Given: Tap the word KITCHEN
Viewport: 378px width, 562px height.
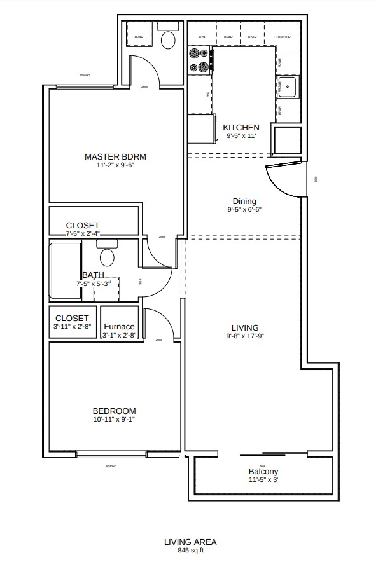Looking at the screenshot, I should coord(241,127).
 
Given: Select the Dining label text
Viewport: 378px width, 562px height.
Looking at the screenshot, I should coord(244,201).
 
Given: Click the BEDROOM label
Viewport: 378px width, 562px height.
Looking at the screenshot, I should coord(115,411).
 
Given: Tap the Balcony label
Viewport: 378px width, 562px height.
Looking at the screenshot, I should coord(263,472).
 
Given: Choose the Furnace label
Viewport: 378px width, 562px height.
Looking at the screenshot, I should coord(119,327).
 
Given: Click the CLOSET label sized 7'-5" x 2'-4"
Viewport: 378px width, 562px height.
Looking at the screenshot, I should coord(83,226).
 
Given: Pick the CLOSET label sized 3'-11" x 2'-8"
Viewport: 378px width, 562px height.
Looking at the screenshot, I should coord(73,318).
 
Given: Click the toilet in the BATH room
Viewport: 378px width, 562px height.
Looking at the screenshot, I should coord(107,256).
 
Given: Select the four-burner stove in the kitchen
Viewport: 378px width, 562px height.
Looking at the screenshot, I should coord(199,61).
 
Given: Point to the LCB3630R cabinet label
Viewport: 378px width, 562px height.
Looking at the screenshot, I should coord(282,38).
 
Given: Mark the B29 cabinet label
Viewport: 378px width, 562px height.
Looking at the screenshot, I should coord(202,38).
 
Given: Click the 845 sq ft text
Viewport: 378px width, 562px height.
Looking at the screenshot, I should coord(190,551).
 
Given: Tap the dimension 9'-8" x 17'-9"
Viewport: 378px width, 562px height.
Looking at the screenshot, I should coord(244,336).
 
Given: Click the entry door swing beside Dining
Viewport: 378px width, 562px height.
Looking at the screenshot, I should coord(284,179).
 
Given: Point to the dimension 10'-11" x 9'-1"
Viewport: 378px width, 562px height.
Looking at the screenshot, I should coord(115,420).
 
